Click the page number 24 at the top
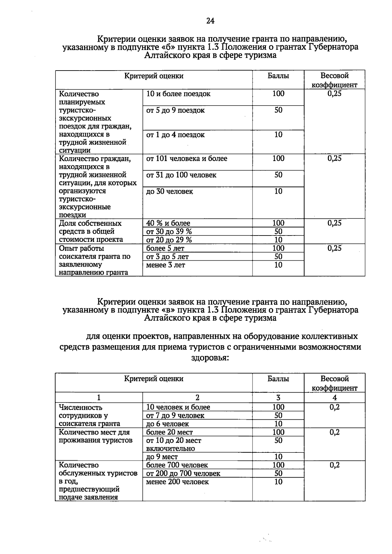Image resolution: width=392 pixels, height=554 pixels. pyautogui.click(x=210, y=21)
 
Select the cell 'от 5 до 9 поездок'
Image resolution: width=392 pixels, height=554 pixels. pyautogui.click(x=175, y=110)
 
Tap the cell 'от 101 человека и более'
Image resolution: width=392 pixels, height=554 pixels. pyautogui.click(x=187, y=159)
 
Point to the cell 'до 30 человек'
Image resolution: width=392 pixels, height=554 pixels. pyautogui.click(x=170, y=191)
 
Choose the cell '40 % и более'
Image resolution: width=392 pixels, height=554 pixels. pyautogui.click(x=168, y=223)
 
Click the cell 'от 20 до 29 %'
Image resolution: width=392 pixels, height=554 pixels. pyautogui.click(x=169, y=240)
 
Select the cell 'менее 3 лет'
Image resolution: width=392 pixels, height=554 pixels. pyautogui.click(x=166, y=265)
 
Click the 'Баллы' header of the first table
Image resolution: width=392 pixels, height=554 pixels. pyautogui.click(x=278, y=76)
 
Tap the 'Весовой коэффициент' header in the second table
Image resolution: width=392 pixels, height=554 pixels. pyautogui.click(x=335, y=383)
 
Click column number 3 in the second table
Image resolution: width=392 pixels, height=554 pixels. pyautogui.click(x=278, y=398)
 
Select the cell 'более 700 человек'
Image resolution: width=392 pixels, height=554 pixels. pyautogui.click(x=177, y=465)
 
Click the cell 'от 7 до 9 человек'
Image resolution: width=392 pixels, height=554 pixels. pyautogui.click(x=175, y=415)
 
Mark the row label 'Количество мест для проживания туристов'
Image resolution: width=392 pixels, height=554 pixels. pyautogui.click(x=94, y=436)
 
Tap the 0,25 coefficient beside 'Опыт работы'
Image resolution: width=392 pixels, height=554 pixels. pyautogui.click(x=335, y=248)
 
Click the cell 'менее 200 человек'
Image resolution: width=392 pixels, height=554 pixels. pyautogui.click(x=177, y=482)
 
